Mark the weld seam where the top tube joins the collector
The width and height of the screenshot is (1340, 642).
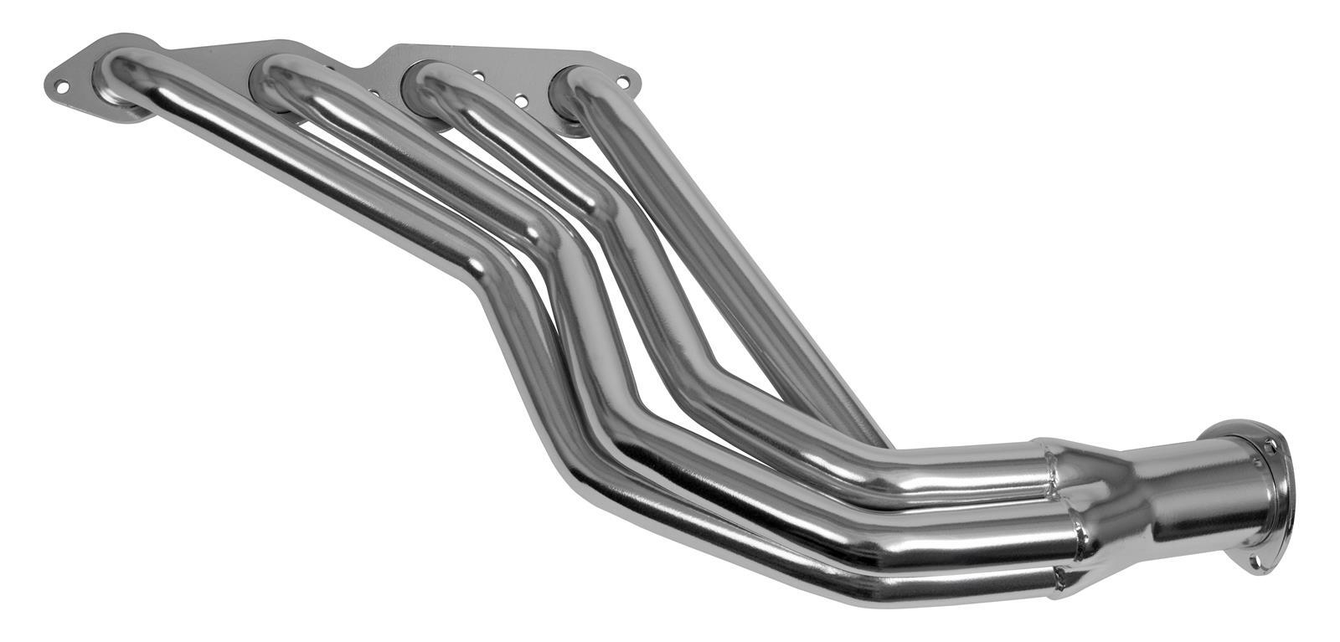coord(1047,465)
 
